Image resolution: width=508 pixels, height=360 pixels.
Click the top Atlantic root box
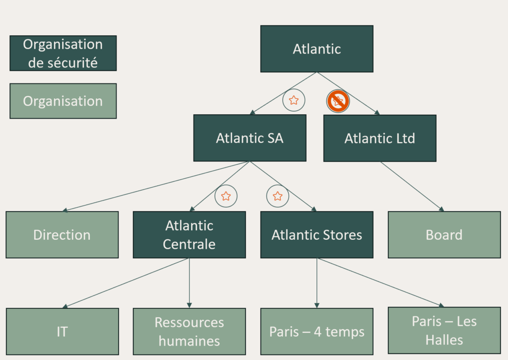pos(317,49)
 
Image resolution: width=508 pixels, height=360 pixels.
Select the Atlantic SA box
pos(249,138)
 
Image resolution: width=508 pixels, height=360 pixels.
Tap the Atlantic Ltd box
pos(380,138)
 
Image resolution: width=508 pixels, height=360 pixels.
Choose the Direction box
pos(62,235)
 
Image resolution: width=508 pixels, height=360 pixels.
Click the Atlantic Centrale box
pos(189,235)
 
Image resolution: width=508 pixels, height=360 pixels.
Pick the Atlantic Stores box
pos(317,235)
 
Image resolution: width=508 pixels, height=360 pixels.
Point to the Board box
pos(444,235)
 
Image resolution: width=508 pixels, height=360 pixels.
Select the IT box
pos(62,331)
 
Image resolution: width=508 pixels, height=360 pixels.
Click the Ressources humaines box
pos(189,331)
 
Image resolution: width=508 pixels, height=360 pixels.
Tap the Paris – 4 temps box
pos(317,331)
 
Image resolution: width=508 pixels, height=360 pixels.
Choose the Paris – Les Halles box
pos(444,330)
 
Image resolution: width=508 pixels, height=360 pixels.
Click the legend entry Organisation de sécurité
pos(63,53)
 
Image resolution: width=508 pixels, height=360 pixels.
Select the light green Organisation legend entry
pos(63,101)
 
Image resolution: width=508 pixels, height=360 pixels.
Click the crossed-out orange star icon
pos(338,101)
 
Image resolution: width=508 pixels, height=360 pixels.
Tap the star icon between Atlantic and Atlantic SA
pos(294,100)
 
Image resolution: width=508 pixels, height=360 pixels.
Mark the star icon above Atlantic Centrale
pos(226,196)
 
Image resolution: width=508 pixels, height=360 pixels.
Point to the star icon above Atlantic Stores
pos(278,196)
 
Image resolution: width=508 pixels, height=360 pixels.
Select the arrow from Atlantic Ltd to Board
pos(412,186)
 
